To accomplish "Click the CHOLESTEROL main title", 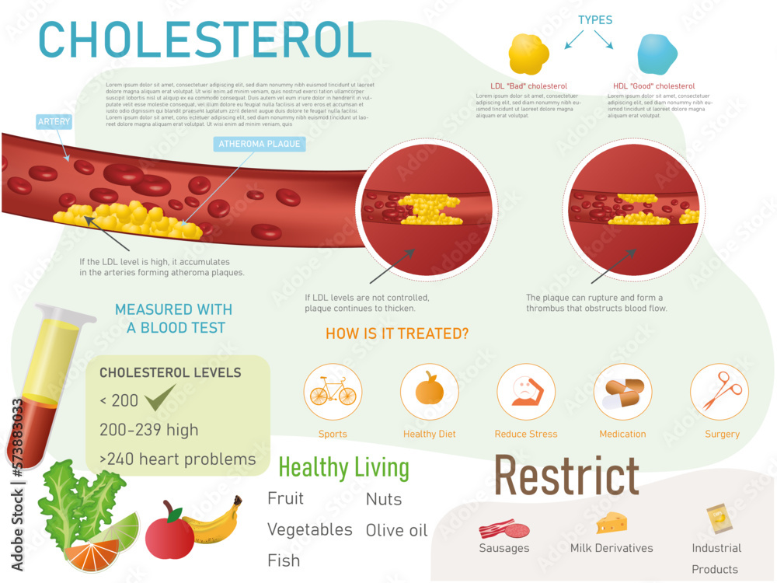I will click(204, 39).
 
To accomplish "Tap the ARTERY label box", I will click(54, 121).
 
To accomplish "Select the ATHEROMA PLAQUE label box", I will click(259, 144).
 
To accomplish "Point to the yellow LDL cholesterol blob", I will click(528, 54).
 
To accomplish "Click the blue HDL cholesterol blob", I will click(657, 54).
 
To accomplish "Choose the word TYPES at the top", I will click(595, 19).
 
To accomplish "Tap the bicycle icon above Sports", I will click(333, 392).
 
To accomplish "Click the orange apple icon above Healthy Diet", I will click(429, 389).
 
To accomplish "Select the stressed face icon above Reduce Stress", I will click(526, 392).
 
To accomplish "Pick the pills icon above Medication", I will click(623, 392).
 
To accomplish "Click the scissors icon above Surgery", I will click(720, 392).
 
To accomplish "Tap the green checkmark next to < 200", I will click(161, 400).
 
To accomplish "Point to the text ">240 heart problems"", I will click(178, 459).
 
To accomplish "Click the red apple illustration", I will click(169, 532).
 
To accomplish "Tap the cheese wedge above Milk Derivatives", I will click(611, 522).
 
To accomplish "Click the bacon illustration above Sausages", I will click(497, 529).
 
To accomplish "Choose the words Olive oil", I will click(396, 530).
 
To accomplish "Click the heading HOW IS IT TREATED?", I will click(397, 334).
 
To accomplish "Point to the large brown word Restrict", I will click(566, 477).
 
